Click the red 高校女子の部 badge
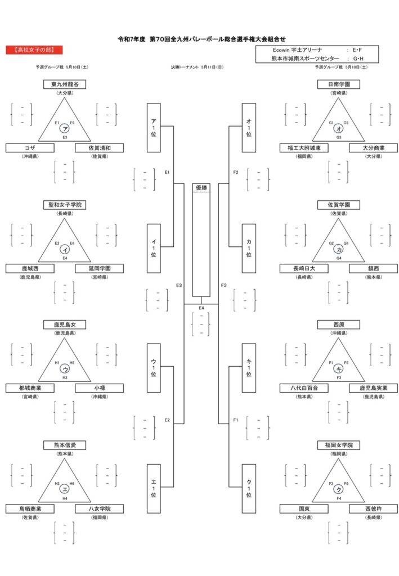[34, 50]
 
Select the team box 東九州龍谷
[65, 84]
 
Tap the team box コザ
[30, 148]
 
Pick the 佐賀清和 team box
[99, 148]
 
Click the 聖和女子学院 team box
[65, 205]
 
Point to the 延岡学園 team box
[99, 268]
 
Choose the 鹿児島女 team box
[65, 325]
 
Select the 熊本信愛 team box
[65, 445]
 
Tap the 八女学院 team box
[99, 508]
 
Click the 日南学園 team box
[339, 84]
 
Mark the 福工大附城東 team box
[304, 148]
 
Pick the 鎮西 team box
[373, 268]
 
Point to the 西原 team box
[339, 325]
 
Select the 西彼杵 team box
[373, 508]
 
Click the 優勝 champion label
[201, 188]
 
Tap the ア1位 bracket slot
[154, 128]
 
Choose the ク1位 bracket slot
[249, 488]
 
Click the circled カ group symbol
[338, 249]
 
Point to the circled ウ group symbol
[65, 369]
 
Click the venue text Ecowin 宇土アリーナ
[297, 49]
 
